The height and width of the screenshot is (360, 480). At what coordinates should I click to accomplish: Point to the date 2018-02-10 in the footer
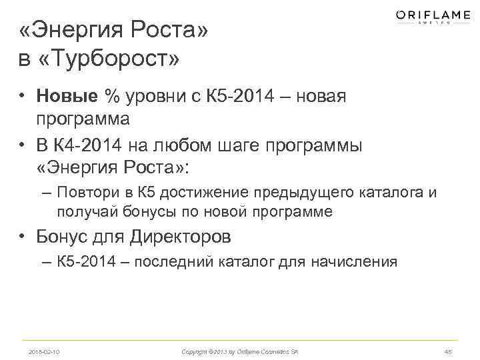point(44,351)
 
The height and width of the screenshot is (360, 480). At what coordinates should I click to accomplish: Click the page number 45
point(447,351)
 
